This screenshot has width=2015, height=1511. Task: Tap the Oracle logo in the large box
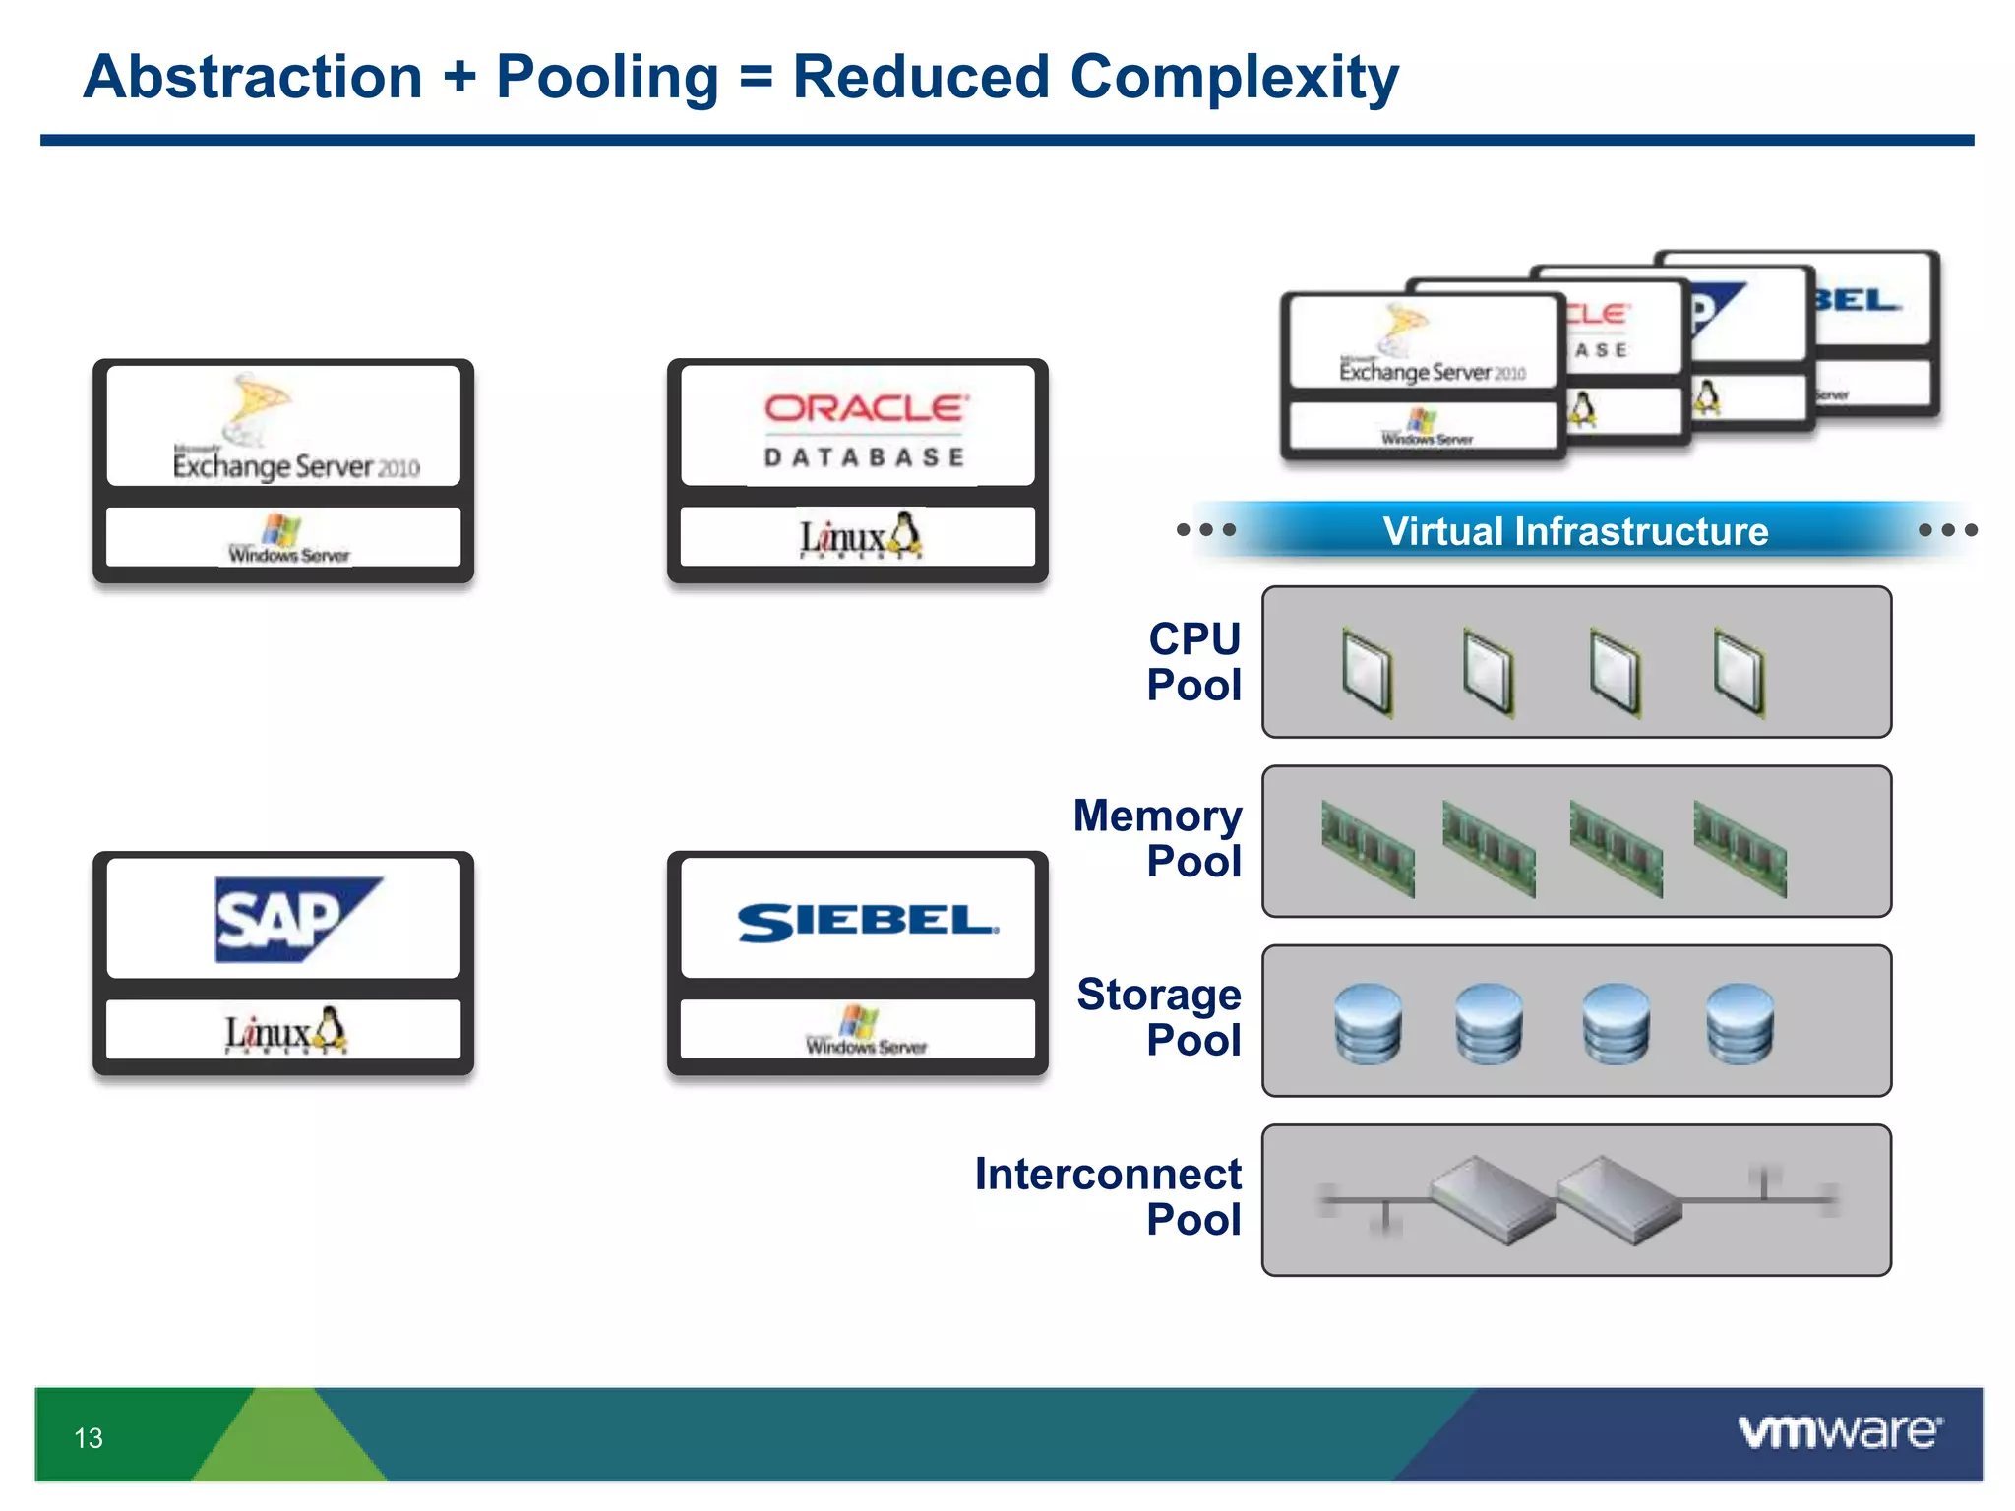[x=866, y=408]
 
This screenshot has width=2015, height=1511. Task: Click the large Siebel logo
[x=867, y=922]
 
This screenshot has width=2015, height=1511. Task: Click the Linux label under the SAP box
[x=284, y=1032]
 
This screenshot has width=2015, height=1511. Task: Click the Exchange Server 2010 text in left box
[x=295, y=465]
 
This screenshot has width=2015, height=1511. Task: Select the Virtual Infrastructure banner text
[x=1575, y=531]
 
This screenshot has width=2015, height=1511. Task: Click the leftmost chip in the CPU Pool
[x=1368, y=672]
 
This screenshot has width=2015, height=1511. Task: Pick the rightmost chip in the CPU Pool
[x=1739, y=672]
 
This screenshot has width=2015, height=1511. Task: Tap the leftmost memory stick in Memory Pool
[x=1368, y=849]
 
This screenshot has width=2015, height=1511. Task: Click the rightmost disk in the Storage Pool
[x=1740, y=1024]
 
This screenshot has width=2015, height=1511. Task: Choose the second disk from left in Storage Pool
[x=1489, y=1024]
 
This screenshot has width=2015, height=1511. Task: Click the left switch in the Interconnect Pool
[x=1491, y=1200]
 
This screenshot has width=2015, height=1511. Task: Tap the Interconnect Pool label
[x=1109, y=1196]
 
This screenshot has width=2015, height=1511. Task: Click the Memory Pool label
[x=1158, y=838]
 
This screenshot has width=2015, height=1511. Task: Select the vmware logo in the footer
[x=1840, y=1432]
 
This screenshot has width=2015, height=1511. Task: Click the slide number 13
[x=89, y=1438]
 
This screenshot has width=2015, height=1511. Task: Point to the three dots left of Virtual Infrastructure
[x=1206, y=530]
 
